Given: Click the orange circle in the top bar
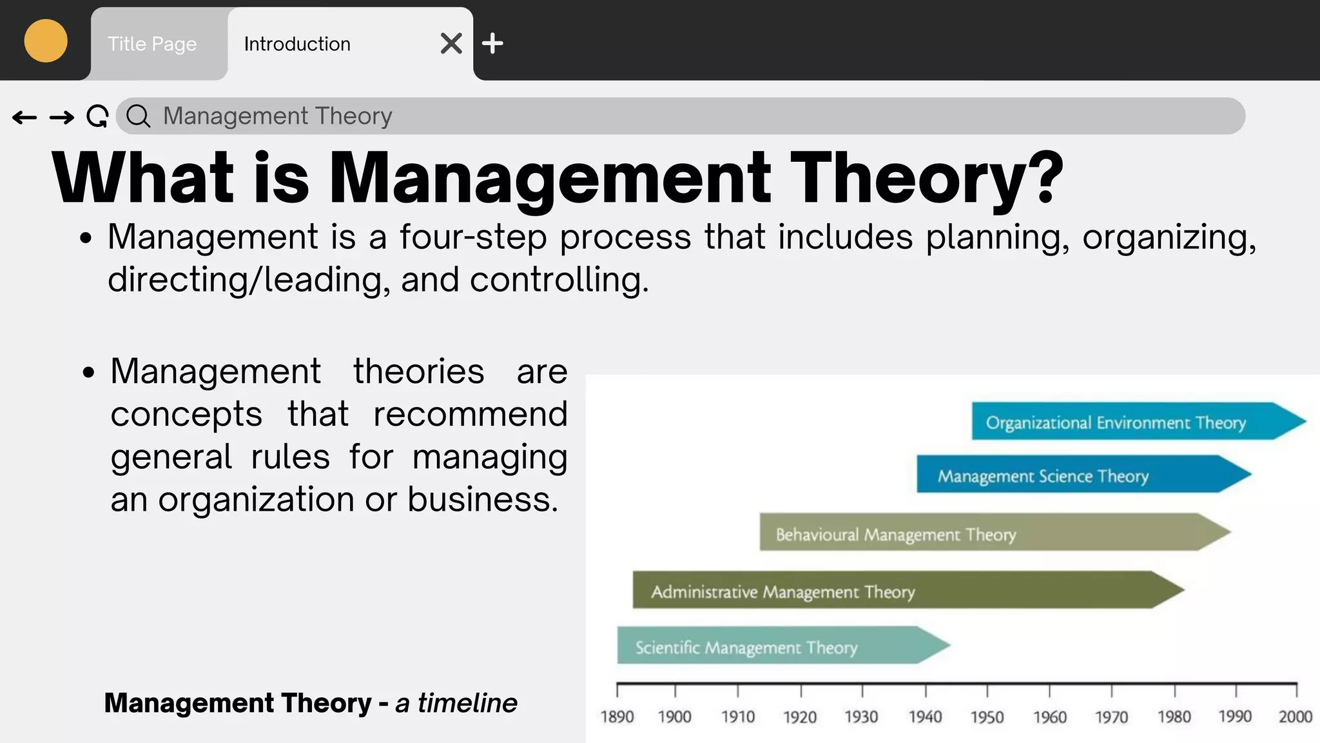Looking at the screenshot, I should point(46,41).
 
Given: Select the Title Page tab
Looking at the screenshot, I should point(152,44).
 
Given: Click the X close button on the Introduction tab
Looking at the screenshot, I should point(451,44).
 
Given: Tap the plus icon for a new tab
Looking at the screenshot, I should point(492,44).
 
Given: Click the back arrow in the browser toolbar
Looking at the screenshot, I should point(24,117).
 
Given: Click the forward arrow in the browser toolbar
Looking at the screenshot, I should point(62,117).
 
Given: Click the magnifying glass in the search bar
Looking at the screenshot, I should point(138,117).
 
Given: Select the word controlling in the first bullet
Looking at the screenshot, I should point(558,280).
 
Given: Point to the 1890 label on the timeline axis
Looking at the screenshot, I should point(617,717).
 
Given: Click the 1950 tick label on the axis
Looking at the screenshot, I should point(987,717).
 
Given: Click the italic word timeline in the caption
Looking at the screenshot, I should point(467,703).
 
